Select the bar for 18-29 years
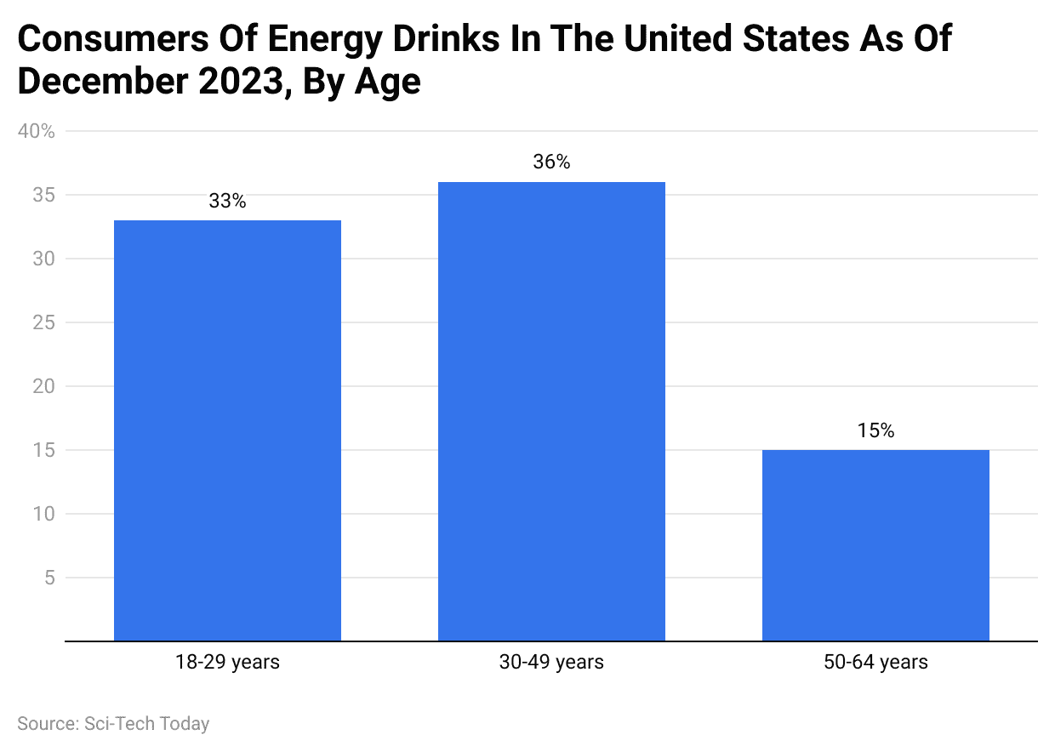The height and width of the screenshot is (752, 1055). (227, 430)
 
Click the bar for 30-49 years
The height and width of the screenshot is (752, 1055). (551, 412)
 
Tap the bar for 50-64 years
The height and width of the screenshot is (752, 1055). (875, 545)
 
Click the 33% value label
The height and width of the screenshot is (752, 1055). (227, 202)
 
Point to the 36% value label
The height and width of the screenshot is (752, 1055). (551, 162)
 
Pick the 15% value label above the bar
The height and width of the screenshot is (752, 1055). (875, 431)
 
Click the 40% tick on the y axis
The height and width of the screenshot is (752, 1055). (36, 132)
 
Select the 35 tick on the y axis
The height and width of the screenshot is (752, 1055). (44, 196)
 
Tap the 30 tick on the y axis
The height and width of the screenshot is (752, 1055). (44, 259)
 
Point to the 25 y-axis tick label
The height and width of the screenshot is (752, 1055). (44, 323)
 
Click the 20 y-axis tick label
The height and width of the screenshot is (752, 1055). (44, 387)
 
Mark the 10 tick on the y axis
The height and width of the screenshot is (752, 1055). (44, 514)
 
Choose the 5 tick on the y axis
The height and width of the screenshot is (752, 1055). (49, 578)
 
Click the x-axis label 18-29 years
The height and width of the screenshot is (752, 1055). (227, 662)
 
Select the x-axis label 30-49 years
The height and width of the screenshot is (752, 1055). (551, 662)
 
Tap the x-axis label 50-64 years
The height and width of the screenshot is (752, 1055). (875, 662)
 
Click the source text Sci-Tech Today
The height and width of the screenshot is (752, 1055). (146, 724)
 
